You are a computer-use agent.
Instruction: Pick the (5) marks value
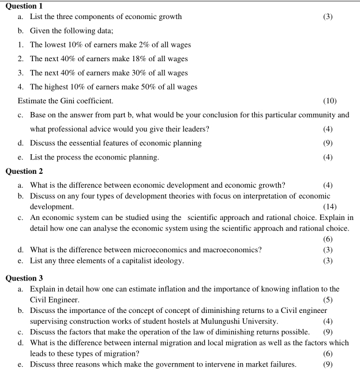click(x=328, y=299)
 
